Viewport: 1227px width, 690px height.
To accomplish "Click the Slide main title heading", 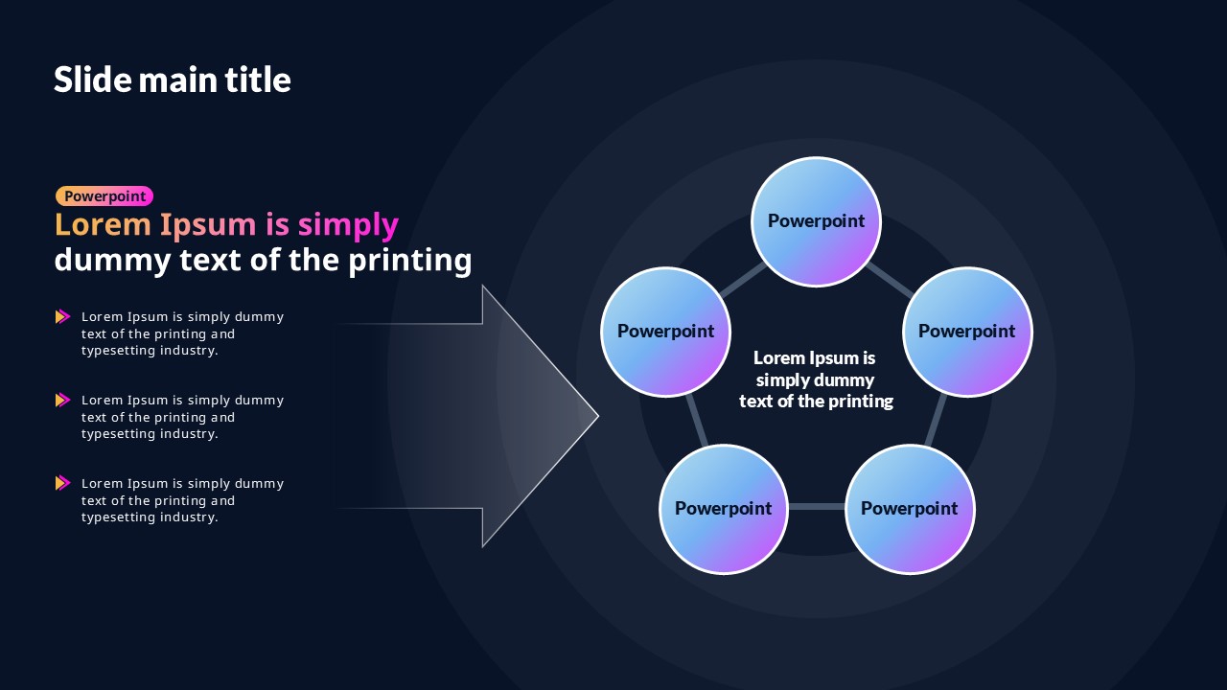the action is pos(172,80).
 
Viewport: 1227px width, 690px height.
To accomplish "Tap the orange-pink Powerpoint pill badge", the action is pos(104,196).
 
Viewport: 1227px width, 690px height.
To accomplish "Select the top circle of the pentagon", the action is pos(816,221).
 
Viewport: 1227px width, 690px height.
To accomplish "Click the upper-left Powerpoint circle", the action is pos(665,332).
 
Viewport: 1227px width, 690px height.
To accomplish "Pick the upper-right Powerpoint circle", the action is pos(967,332).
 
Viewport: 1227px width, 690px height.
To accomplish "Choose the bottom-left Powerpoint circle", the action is pos(724,509).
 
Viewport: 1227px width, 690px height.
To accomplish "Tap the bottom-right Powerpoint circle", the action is pos(910,509).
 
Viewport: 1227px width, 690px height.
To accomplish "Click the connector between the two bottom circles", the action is pos(817,507).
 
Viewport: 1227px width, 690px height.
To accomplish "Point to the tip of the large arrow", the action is pos(599,416).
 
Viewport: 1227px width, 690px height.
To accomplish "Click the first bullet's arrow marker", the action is pos(63,316).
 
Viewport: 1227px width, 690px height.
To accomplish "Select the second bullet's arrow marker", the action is pos(63,401).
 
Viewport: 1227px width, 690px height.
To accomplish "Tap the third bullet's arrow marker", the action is pos(63,483).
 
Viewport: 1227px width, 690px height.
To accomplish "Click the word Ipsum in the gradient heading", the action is pos(208,225).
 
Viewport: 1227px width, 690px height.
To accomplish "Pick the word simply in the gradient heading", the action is pos(348,225).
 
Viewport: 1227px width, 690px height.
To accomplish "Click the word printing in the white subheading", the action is pos(410,261).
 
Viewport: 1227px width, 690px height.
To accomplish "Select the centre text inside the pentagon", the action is pos(816,379).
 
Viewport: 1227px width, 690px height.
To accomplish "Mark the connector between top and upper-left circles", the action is pos(743,279).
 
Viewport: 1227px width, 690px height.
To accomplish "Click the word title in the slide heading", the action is pos(258,80).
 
